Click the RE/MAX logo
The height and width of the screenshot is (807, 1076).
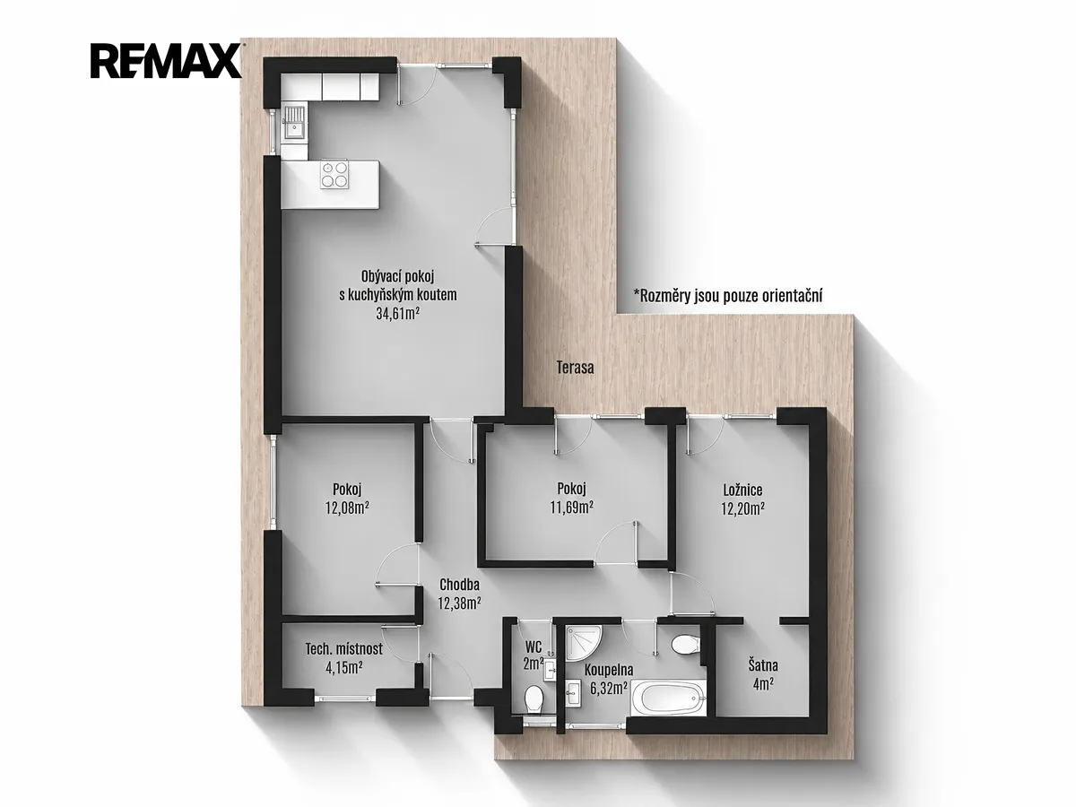coord(165,61)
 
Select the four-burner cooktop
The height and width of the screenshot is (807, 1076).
coord(334,175)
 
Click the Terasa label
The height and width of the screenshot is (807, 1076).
coord(575,368)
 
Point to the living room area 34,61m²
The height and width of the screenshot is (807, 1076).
coord(397,314)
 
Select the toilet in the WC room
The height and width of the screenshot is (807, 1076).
coord(533,699)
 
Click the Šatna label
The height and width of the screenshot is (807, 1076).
coord(763,666)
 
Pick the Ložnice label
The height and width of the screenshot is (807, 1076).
coord(742,490)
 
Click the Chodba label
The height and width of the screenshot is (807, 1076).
coord(459,585)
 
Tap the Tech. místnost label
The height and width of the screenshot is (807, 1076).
coord(343,649)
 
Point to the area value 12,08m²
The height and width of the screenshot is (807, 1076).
coord(347,508)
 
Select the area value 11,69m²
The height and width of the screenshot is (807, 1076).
coord(571,508)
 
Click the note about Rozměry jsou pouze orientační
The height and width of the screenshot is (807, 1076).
coord(728,296)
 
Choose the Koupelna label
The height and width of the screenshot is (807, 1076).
coord(608,670)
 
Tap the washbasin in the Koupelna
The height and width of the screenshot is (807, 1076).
coord(572,692)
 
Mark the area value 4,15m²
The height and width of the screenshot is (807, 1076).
coord(344,667)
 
